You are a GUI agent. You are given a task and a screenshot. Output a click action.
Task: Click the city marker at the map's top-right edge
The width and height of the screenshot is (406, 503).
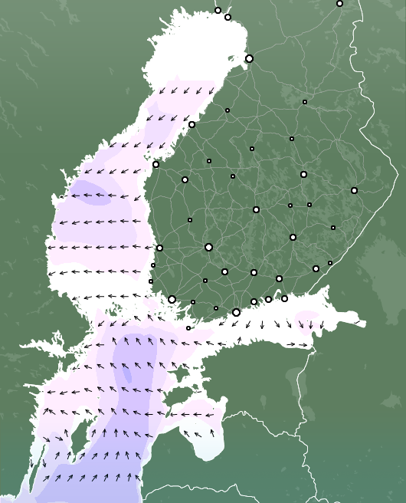[x=339, y=3]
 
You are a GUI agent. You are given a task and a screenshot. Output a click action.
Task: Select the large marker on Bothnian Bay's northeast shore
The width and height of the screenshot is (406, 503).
[x=249, y=58]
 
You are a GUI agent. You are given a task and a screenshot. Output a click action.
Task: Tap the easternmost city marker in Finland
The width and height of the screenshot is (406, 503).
[x=354, y=190]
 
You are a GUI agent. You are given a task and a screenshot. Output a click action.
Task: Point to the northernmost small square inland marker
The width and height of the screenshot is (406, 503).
[x=304, y=102]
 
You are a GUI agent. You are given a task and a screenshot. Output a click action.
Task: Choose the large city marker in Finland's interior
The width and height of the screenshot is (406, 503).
[x=208, y=247]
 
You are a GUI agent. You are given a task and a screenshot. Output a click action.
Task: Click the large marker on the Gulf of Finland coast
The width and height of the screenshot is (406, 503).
[x=236, y=312]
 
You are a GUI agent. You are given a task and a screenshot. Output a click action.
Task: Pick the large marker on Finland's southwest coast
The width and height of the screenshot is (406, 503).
[x=172, y=299]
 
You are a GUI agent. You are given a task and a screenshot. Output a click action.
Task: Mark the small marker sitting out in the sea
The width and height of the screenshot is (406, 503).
[x=188, y=328]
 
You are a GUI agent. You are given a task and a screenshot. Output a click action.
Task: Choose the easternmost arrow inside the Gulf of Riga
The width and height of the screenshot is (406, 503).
[x=210, y=432]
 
